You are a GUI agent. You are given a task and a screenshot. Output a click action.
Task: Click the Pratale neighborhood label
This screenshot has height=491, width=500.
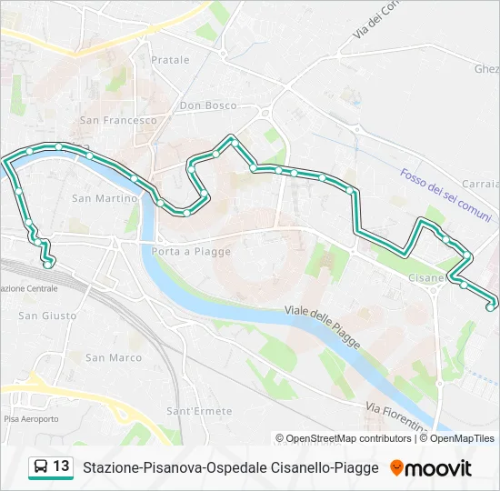tap(170, 60)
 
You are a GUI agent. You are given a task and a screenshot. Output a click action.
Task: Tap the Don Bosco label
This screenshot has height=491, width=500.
tap(208, 105)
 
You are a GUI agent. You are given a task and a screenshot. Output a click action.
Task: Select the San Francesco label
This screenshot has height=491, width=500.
tap(118, 120)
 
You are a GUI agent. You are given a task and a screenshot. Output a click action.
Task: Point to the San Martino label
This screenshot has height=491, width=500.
tap(105, 198)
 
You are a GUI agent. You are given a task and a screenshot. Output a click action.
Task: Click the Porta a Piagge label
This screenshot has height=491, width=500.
tap(192, 252)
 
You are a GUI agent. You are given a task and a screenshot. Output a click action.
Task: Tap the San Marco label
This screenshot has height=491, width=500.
tap(114, 357)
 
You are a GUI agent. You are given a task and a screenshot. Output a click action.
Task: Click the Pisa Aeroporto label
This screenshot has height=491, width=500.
tap(31, 419)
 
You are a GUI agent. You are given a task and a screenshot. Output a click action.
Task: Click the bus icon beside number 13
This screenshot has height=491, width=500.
tap(41, 466)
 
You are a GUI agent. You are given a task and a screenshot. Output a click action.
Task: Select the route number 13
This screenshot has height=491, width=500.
tap(61, 466)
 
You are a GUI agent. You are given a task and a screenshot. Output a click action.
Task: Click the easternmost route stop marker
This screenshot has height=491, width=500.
tap(490, 307)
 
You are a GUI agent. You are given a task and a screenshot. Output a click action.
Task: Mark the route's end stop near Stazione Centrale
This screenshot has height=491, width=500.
tap(48, 265)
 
